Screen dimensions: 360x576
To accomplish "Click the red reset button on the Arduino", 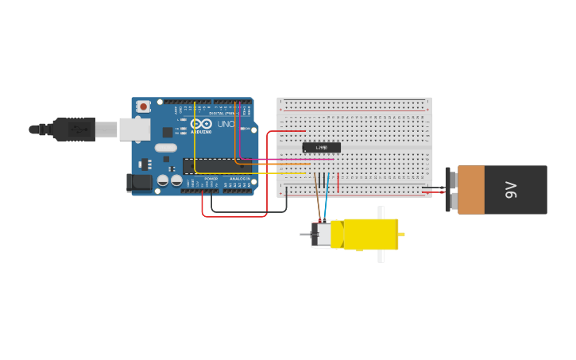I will tap(143, 106).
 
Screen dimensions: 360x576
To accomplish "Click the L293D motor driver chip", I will tap(322, 147).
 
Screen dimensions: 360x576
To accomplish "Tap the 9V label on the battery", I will tap(512, 190).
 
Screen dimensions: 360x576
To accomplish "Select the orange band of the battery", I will tap(470, 190).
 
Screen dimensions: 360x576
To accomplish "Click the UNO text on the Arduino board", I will tap(225, 124).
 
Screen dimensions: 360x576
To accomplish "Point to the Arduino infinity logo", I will tap(201, 123).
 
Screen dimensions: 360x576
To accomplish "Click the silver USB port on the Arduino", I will tap(134, 130).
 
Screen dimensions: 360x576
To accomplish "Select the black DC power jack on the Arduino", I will tap(140, 183).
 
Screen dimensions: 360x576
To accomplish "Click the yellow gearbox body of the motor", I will tap(369, 234).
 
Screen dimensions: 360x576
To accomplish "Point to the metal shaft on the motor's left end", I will tap(305, 234).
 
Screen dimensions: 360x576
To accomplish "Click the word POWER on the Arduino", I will tap(211, 179).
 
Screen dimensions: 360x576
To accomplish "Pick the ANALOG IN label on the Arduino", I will tap(238, 179).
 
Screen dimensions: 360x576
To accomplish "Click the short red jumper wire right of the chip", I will tap(338, 182).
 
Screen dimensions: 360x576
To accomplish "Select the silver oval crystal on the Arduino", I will tap(165, 148).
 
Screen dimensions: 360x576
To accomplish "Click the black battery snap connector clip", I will tap(450, 190).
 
